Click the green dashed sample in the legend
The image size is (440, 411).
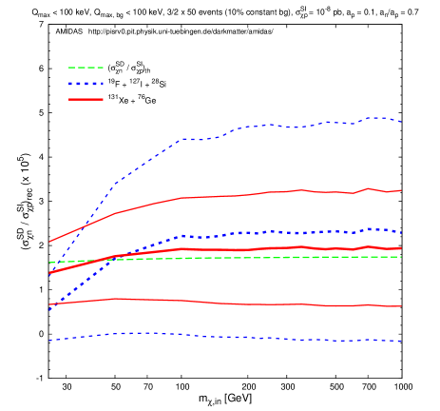[86, 68]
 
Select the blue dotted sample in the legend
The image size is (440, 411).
[86, 84]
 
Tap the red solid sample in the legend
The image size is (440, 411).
[86, 99]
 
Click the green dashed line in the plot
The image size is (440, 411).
[238, 258]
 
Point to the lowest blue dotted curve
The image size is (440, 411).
[238, 337]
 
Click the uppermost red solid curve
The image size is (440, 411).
[238, 195]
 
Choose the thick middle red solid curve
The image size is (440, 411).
[238, 249]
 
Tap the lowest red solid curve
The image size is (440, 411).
[238, 304]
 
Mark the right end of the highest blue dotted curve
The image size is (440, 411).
[401, 122]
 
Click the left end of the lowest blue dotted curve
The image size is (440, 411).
[49, 340]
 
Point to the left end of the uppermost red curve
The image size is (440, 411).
[49, 242]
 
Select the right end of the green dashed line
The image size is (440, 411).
[401, 257]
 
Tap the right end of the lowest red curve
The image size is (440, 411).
[401, 306]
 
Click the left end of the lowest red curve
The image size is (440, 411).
[49, 304]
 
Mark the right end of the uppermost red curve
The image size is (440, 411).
[401, 190]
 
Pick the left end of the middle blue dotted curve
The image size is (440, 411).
[49, 310]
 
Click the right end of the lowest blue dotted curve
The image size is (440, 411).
[401, 341]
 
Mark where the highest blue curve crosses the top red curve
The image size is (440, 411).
[80, 227]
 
